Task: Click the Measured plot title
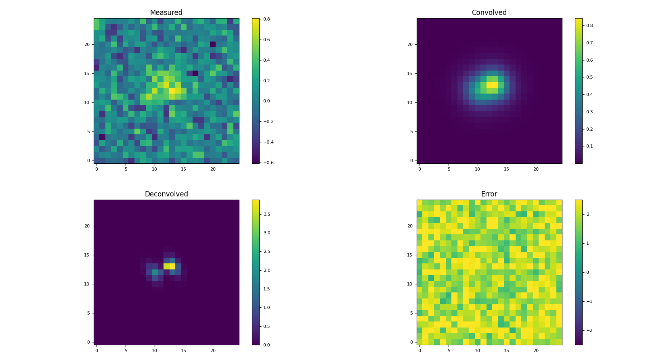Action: coord(166,13)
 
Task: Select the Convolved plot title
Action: coord(489,13)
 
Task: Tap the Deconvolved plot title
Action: coord(166,194)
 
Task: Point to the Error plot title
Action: coord(489,194)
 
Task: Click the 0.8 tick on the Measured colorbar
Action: coord(266,19)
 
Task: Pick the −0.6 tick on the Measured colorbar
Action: coord(266,163)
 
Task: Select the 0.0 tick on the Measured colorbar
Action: coord(266,101)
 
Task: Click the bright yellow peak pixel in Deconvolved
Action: coord(169,266)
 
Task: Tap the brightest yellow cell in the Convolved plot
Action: coord(492,85)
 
